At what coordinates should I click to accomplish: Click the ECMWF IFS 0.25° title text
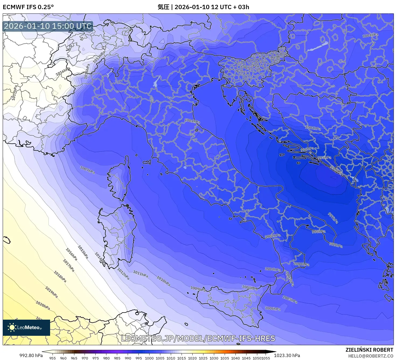[28, 7]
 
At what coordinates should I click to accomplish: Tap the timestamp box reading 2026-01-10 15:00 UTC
[48, 26]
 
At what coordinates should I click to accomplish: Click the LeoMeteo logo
[26, 327]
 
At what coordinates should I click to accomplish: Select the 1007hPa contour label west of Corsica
[87, 170]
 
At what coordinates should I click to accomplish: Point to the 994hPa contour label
[336, 170]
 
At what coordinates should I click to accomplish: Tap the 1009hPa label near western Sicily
[198, 289]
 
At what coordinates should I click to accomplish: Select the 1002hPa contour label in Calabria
[273, 236]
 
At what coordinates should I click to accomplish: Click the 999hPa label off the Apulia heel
[336, 245]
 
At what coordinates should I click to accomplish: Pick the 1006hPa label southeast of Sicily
[273, 309]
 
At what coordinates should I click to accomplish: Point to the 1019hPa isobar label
[51, 292]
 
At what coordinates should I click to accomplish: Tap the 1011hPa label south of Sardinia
[140, 274]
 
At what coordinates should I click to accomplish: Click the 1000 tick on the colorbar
[149, 358]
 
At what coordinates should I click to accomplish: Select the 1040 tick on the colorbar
[235, 358]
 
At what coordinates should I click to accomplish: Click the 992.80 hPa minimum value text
[31, 355]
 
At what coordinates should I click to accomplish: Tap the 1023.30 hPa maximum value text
[287, 355]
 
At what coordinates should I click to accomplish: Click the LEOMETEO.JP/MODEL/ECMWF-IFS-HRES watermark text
[198, 338]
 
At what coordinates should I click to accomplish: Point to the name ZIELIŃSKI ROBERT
[369, 350]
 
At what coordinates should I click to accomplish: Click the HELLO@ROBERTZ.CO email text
[371, 356]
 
